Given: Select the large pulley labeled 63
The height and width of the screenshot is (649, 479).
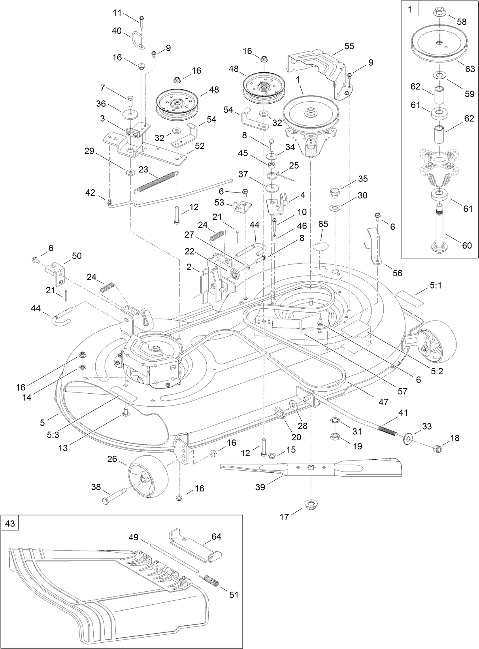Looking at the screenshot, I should tap(439, 43).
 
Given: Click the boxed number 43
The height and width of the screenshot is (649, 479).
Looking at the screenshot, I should tap(10, 523).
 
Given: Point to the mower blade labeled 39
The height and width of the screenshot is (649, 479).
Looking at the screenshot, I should tap(312, 469).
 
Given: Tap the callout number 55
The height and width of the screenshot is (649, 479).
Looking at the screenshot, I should tap(349, 46).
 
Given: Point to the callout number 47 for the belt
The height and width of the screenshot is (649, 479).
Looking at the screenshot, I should tap(383, 402).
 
